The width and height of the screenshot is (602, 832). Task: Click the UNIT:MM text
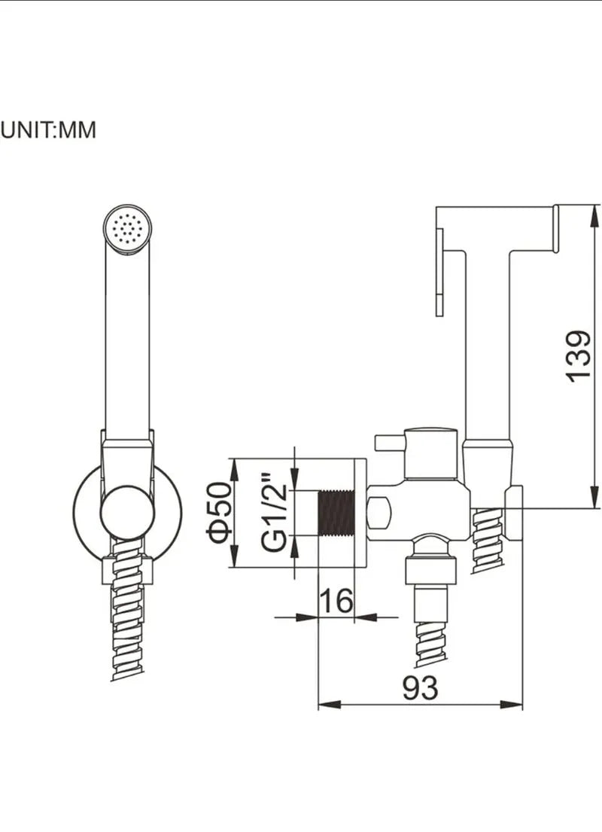47,130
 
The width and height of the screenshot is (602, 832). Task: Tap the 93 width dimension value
420,687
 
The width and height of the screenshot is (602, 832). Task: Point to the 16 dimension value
336,600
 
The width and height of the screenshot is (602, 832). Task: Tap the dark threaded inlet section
336,513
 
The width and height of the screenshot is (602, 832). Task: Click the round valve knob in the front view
127,512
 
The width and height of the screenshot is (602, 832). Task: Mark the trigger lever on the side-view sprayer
439,273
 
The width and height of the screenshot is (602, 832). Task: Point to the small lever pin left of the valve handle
389,441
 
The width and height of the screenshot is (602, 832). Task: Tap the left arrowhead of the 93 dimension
329,705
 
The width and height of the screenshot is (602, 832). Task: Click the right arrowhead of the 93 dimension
511,705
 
